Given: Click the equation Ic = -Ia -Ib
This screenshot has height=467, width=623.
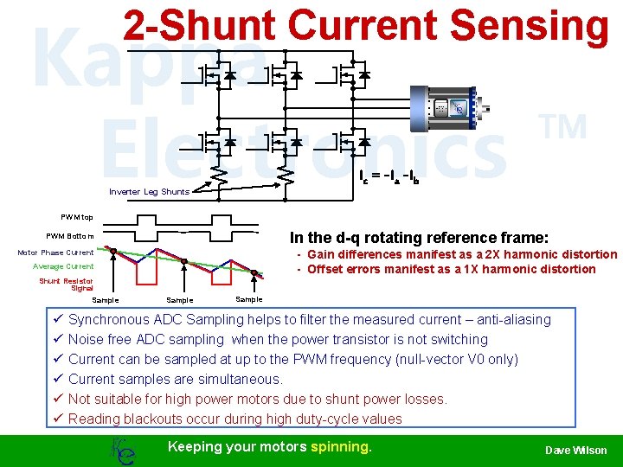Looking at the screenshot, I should coord(395,176).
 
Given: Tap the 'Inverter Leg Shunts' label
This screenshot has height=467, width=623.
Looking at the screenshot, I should coord(149,192).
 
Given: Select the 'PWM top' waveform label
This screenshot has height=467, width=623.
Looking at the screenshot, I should coord(77,217).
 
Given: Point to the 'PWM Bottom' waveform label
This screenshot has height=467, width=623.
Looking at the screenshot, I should coord(70,235).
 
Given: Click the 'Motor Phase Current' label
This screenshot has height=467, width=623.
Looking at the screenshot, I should coord(55,253).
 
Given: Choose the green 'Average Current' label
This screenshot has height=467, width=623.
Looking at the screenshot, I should coord(63,266).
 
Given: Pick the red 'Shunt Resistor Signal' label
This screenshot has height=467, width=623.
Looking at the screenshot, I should coord(66,285).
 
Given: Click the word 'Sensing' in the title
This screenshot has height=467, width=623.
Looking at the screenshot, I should coord(530,26).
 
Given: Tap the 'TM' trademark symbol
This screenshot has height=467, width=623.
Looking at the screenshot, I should coord(564,128).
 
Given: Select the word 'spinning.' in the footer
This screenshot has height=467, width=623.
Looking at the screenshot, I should coord(341,446).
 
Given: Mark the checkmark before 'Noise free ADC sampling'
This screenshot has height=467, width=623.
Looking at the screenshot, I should coord(57,340).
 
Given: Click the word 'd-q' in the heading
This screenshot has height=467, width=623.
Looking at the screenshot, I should coord(356,238).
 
